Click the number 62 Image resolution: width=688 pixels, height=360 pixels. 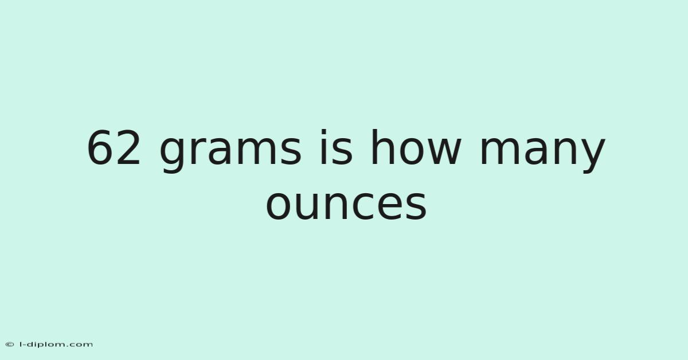[114, 148]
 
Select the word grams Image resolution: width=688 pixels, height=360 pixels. [230, 151]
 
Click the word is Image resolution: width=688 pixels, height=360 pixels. [337, 147]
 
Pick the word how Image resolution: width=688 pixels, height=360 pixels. [416, 147]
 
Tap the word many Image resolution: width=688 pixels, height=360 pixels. [542, 151]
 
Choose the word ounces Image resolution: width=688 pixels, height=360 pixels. [346, 204]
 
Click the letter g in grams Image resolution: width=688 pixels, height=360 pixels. [172, 155]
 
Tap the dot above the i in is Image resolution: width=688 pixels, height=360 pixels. [323, 132]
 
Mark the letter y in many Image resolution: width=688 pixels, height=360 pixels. [592, 155]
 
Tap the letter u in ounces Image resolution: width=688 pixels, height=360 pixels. [307, 205]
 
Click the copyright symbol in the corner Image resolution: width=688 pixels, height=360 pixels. [10, 345]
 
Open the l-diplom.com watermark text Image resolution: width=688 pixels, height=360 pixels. [56, 345]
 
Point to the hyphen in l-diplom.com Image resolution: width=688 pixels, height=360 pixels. [25, 345]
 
